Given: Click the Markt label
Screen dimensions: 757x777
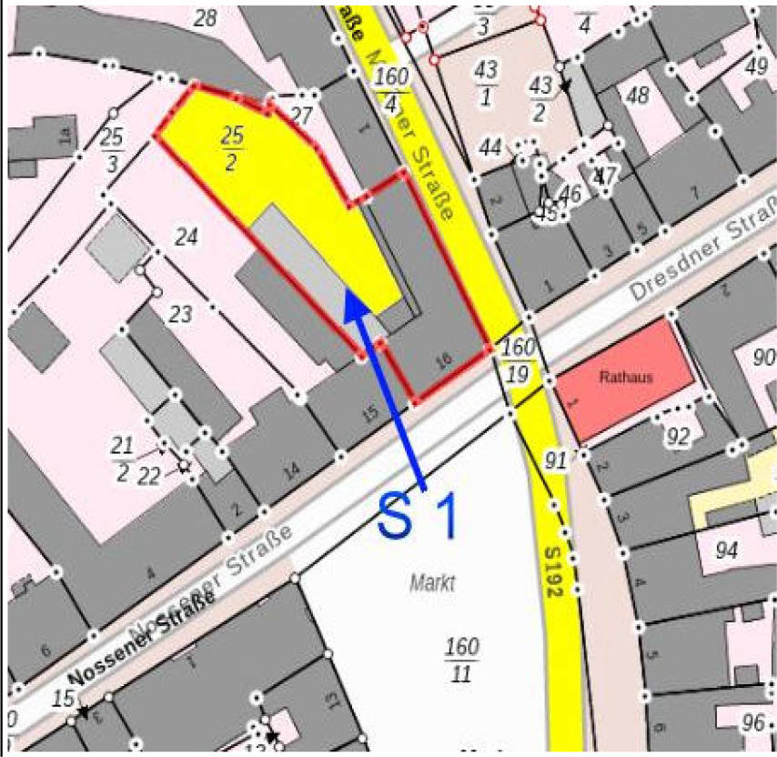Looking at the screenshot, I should [x=432, y=583].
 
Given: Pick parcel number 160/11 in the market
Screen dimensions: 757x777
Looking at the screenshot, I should [x=461, y=660].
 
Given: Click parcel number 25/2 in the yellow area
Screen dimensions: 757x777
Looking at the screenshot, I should [x=232, y=146].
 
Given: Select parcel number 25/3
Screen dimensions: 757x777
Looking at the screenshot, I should [x=112, y=149].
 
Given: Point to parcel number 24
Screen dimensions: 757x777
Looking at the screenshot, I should [x=186, y=237].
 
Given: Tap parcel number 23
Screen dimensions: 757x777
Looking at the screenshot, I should [x=180, y=315].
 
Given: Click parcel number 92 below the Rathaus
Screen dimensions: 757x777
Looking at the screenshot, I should [x=678, y=437].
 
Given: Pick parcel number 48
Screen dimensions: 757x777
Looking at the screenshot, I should [x=638, y=95].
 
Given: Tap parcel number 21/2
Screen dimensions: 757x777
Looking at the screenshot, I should [x=121, y=455].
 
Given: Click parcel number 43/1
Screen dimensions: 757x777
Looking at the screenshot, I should [x=485, y=82].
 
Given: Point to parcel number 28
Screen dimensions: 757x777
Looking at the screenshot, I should [x=206, y=18].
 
